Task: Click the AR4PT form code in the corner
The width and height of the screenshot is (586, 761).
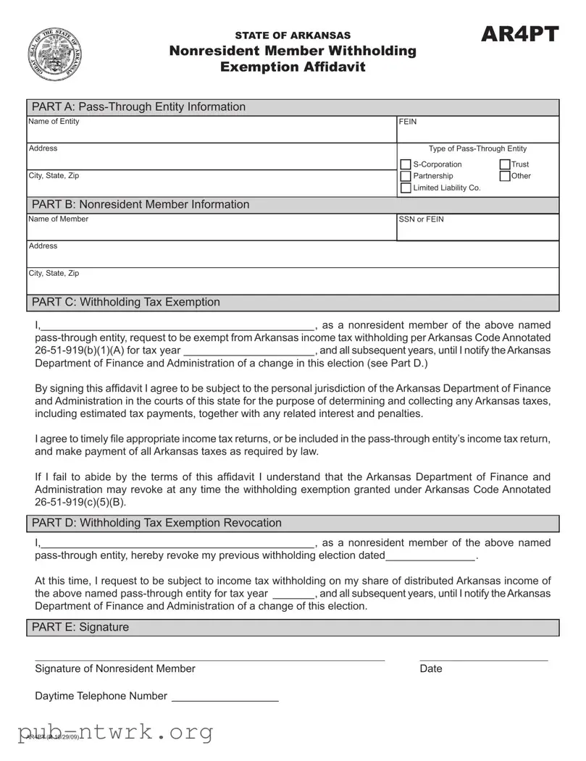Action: click(x=519, y=34)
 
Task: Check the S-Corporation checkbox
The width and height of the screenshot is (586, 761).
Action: click(x=406, y=164)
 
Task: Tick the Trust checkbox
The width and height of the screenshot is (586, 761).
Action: click(x=505, y=164)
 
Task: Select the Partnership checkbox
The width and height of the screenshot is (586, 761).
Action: click(x=406, y=176)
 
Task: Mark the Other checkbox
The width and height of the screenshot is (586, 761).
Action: click(x=505, y=176)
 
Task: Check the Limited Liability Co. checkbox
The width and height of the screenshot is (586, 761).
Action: click(x=406, y=188)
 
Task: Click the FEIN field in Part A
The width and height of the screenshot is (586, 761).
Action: click(x=478, y=132)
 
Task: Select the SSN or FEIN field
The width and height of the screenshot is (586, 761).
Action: click(x=478, y=230)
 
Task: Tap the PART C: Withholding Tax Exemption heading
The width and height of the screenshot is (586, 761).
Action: click(x=126, y=302)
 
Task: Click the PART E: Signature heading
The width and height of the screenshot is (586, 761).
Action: click(x=80, y=627)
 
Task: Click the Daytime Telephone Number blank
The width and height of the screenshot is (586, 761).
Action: click(x=225, y=697)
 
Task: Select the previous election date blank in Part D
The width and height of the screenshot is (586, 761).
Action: click(x=431, y=556)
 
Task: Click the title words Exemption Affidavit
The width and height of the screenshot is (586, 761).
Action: click(x=293, y=67)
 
